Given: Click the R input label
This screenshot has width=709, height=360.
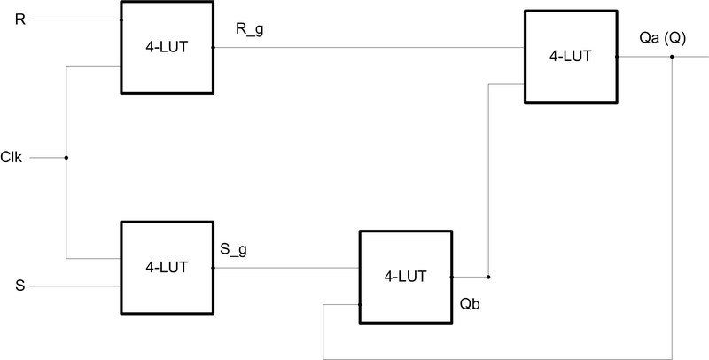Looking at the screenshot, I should click(20, 20).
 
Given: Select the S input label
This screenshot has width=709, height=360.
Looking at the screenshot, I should click(20, 286).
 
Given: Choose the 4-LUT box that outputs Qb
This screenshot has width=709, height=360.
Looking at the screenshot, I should click(405, 276).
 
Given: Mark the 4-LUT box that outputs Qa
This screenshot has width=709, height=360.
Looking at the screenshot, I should click(570, 56).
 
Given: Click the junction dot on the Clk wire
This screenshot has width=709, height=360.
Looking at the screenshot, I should click(66, 158).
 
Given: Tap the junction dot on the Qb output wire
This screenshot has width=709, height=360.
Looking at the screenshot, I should click(488, 276).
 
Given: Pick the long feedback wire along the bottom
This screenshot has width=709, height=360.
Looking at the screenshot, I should click(496, 358).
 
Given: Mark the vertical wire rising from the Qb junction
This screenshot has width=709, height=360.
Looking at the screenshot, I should click(488, 177).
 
